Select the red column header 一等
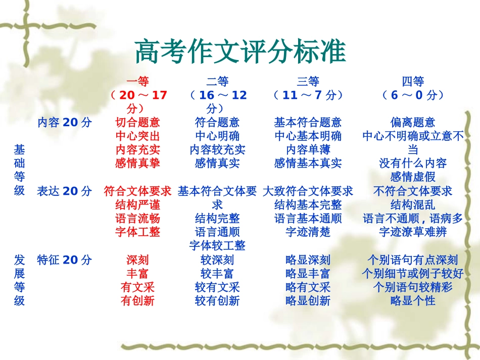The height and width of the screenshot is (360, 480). (x=137, y=81)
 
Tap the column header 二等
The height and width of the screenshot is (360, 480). (x=217, y=81)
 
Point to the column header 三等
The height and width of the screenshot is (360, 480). (x=308, y=81)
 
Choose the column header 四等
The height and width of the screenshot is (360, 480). (x=413, y=81)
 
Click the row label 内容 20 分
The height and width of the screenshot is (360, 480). (x=65, y=122)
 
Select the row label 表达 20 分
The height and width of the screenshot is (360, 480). (x=65, y=191)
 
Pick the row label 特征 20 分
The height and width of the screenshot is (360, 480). (x=65, y=260)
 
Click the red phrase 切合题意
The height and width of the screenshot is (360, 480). (x=137, y=122)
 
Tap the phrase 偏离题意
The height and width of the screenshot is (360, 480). (x=413, y=122)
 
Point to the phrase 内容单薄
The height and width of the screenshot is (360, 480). (x=308, y=149)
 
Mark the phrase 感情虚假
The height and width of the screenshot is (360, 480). (x=413, y=177)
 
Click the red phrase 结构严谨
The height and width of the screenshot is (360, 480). (x=137, y=204)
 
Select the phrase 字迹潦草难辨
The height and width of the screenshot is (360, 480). (x=413, y=232)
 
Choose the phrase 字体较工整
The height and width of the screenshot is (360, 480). (x=217, y=245)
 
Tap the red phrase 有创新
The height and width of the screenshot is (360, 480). (x=137, y=300)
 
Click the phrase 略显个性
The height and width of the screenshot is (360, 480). (x=413, y=300)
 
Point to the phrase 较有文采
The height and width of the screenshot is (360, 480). (x=217, y=287)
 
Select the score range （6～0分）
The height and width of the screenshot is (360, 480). (x=413, y=95)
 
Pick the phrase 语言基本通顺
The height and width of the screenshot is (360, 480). (x=308, y=218)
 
